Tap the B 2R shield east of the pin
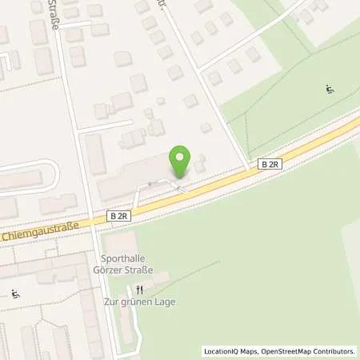coord(270,164)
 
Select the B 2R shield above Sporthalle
coord(118,216)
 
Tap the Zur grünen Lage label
coord(139,302)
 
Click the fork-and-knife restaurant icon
coord(139,290)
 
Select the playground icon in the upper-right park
coord(331,88)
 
